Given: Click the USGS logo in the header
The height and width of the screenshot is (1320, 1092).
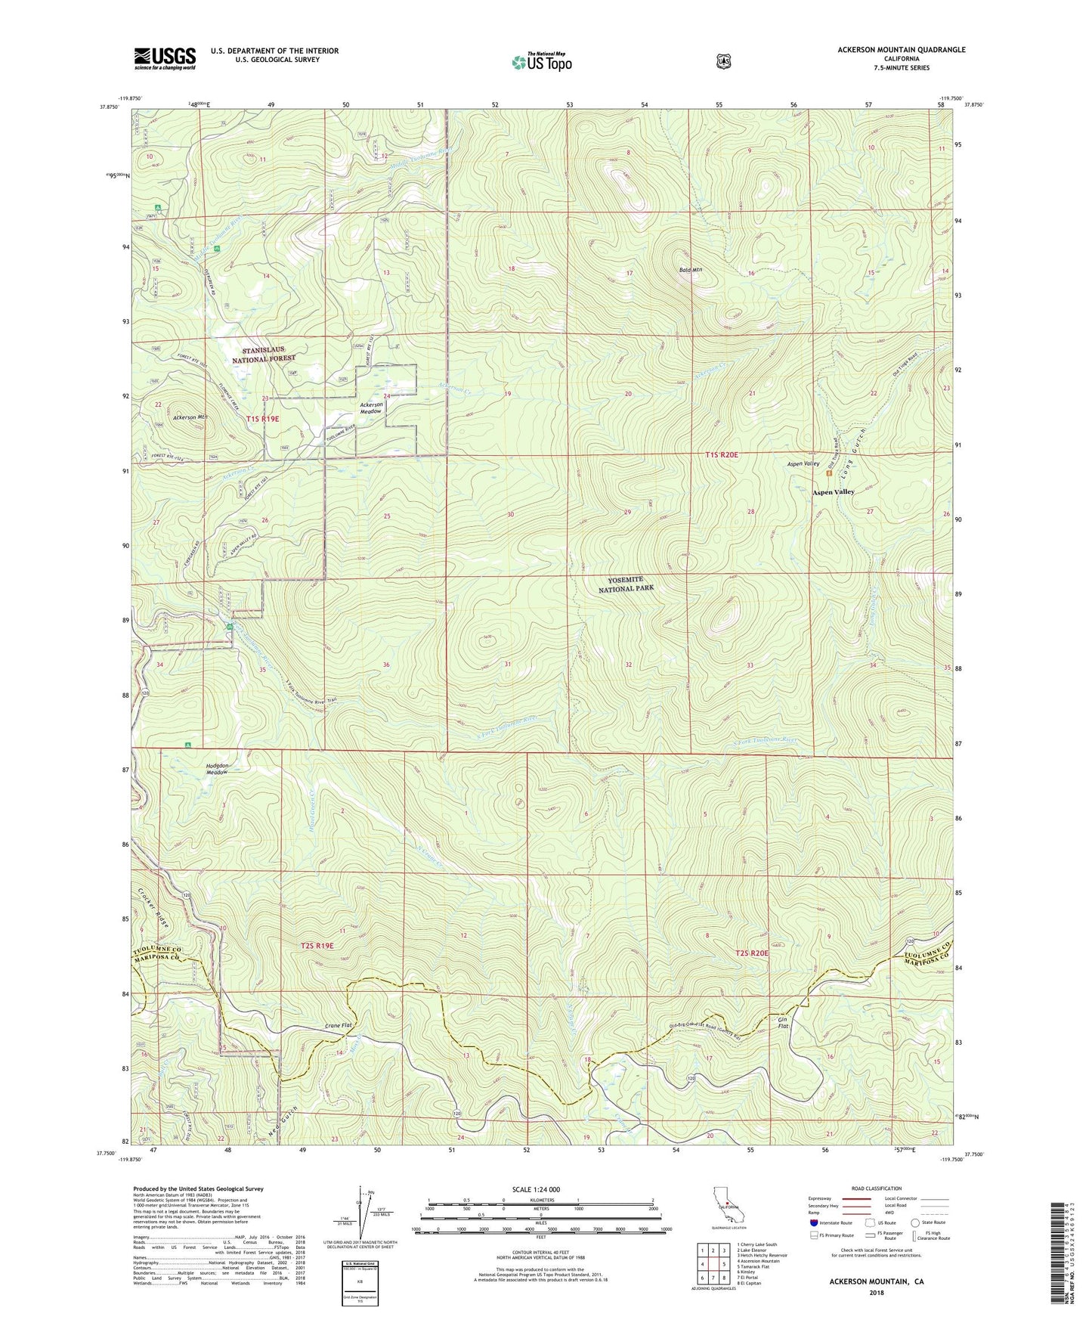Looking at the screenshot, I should pyautogui.click(x=165, y=57).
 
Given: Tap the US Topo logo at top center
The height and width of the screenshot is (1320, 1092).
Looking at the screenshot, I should pyautogui.click(x=541, y=62).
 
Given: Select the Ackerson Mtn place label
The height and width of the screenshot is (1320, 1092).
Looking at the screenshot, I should pyautogui.click(x=190, y=417).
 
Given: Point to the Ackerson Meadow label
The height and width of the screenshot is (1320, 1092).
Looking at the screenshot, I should pyautogui.click(x=371, y=408).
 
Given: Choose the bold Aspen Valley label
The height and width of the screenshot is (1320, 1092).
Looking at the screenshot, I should pyautogui.click(x=833, y=491).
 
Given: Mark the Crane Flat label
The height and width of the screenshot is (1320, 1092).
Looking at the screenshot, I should pyautogui.click(x=339, y=1025).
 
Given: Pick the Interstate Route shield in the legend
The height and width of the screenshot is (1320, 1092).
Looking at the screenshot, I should pyautogui.click(x=813, y=1222).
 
